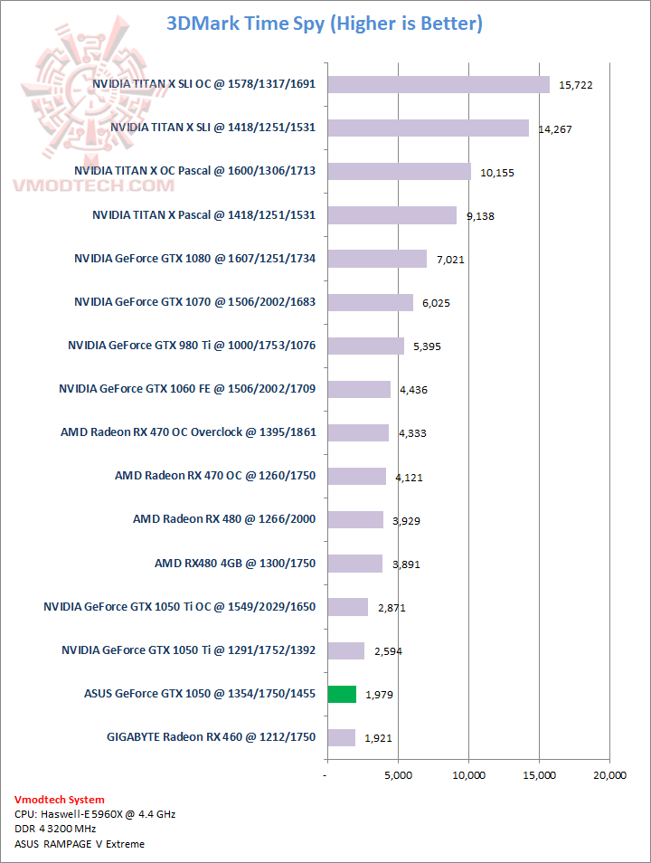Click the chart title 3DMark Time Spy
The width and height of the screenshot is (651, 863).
click(325, 24)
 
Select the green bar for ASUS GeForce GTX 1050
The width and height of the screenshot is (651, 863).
click(342, 694)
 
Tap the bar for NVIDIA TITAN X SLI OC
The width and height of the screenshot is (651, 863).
click(439, 84)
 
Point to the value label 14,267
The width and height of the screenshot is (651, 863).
click(556, 129)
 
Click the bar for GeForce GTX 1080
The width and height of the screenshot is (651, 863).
click(377, 259)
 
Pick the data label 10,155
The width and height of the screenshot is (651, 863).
click(493, 173)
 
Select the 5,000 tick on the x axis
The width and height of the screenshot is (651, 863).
click(398, 775)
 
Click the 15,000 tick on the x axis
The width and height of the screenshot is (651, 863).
click(539, 775)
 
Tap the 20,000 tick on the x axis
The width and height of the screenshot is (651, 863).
click(609, 775)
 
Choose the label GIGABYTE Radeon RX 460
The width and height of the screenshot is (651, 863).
click(211, 737)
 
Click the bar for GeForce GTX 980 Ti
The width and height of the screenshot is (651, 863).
click(365, 346)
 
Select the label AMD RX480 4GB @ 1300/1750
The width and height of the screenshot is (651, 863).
click(235, 563)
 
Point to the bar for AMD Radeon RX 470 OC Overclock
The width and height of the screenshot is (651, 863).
click(358, 432)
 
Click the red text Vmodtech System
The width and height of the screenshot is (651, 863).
click(59, 800)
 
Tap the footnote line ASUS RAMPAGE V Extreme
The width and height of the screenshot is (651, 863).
click(80, 844)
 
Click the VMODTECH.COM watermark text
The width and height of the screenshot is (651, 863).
click(93, 185)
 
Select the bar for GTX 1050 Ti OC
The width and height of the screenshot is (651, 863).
click(348, 607)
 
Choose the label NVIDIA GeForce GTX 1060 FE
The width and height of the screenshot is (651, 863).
click(187, 389)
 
